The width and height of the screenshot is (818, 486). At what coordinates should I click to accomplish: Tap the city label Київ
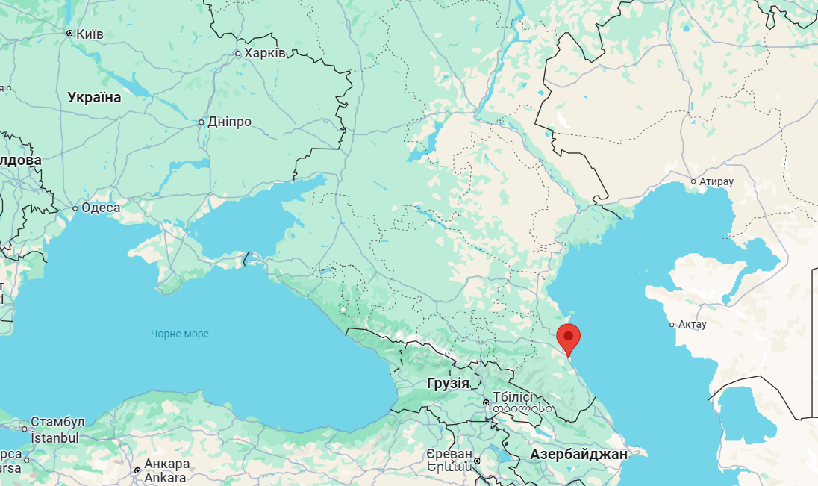pos(90,34)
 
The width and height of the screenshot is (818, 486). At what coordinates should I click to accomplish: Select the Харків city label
pos(264,53)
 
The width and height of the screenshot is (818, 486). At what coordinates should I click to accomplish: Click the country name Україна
pos(94,97)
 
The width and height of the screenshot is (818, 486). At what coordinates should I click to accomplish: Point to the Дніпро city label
pos(230,122)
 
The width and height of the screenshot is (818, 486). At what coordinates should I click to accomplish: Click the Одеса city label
pos(101,208)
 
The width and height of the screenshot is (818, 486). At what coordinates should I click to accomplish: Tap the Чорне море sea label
pos(180,334)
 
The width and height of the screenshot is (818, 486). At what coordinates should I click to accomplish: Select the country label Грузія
pos(449,384)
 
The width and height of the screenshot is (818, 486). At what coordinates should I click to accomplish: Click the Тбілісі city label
pos(513,397)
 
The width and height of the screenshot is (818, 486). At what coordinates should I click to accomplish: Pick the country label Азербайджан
pos(579,454)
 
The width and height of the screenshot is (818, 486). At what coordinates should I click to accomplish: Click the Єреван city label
pos(450,454)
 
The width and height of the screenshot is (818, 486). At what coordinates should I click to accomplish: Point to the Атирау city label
pos(716,181)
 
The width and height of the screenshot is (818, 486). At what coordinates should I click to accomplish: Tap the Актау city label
pos(693,325)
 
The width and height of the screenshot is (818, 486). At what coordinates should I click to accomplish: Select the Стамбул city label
pos(57,423)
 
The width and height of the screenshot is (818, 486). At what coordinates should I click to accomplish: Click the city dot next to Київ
pos(69,34)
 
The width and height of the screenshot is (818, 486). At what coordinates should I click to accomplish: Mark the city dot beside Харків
pos(238,53)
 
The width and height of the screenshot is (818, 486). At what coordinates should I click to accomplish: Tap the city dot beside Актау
pos(672,325)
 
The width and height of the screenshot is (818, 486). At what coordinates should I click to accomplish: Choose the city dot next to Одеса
pos(75,208)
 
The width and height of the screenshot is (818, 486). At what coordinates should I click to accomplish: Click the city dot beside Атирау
pos(693,181)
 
